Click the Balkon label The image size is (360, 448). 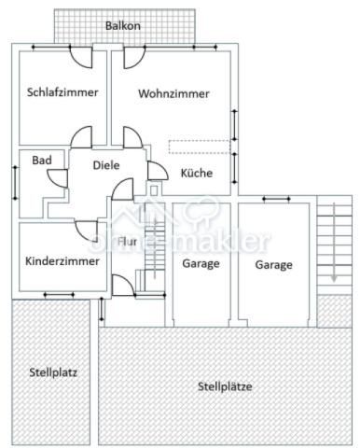click(123, 26)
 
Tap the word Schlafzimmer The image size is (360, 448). click(62, 92)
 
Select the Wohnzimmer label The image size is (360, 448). click(173, 93)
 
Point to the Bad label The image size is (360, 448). click(42, 161)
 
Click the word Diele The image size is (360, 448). click(106, 165)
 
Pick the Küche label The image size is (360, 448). click(196, 173)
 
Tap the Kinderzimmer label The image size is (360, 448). click(62, 261)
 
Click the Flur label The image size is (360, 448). click(127, 241)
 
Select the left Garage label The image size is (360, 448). click(201, 264)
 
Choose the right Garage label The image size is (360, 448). click(273, 264)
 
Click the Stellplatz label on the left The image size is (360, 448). click(52, 372)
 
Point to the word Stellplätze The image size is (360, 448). click(225, 385)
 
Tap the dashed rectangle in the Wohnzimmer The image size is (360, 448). click(199, 147)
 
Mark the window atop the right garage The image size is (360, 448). click(277, 199)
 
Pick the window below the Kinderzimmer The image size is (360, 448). click(59, 296)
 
